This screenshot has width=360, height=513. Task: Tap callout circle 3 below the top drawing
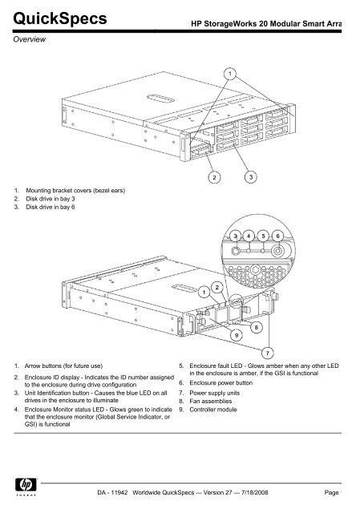point(250,176)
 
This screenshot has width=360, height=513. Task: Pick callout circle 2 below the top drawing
point(214,176)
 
